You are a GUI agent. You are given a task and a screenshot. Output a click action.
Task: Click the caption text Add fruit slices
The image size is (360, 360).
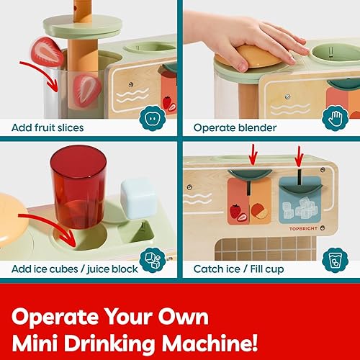(48, 127)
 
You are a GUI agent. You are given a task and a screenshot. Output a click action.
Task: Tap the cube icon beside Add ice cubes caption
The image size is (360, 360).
(154, 259)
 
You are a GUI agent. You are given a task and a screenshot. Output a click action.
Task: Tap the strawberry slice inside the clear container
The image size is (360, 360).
(87, 89)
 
